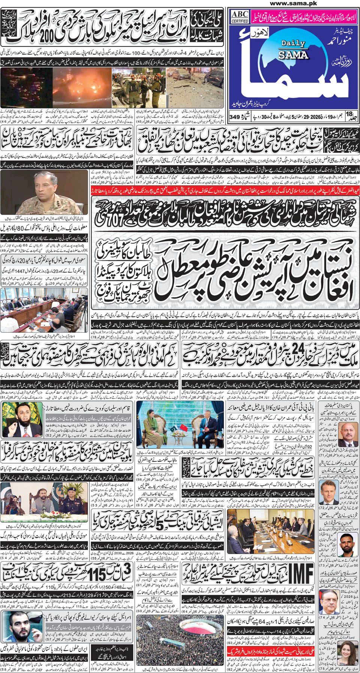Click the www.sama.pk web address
(x=293, y=3)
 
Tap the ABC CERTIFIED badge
(x=240, y=17)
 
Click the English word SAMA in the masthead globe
(x=293, y=55)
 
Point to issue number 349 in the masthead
(x=235, y=117)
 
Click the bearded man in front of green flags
(x=22, y=420)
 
